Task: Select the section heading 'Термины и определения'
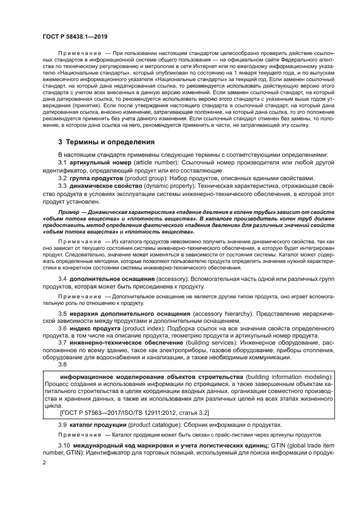pos(106,142)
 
